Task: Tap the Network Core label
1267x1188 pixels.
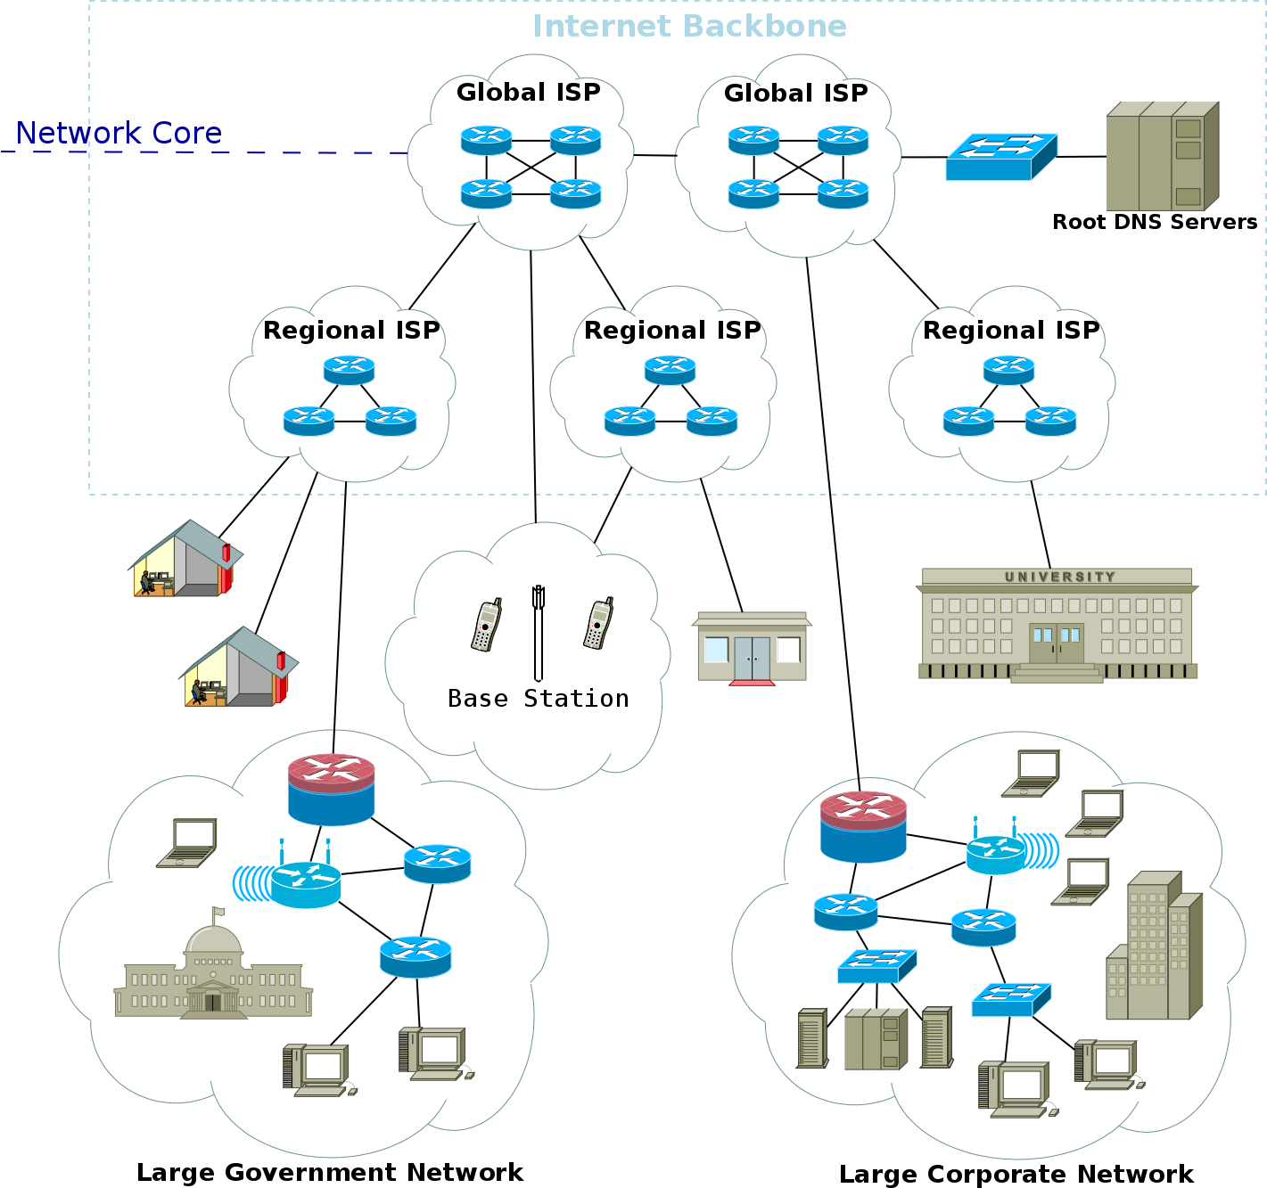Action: (x=119, y=133)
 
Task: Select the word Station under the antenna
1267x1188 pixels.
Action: (x=576, y=699)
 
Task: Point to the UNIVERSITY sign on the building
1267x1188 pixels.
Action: (x=1059, y=577)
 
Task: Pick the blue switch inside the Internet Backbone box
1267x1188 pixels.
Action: (x=1000, y=157)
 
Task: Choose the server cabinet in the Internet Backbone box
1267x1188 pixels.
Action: (x=1162, y=156)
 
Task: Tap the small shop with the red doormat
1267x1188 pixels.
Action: (x=752, y=646)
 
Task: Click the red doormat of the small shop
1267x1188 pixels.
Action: (x=752, y=683)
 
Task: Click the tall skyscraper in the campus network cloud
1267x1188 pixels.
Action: (x=1154, y=945)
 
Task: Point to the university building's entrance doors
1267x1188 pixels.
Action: (x=1057, y=642)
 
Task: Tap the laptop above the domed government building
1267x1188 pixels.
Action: (x=187, y=843)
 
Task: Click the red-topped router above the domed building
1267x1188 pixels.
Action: (x=332, y=788)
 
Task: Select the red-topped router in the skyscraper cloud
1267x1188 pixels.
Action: (x=863, y=826)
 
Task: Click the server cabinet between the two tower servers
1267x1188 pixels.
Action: (x=876, y=1039)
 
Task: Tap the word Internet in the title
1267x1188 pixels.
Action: (x=602, y=26)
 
